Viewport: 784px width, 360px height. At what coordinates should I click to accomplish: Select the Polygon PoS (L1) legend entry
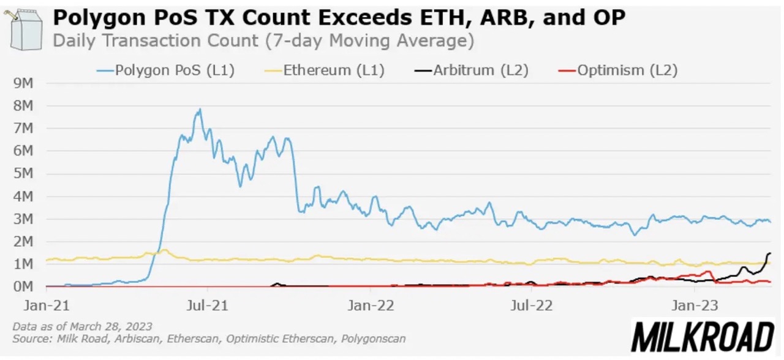tap(165, 70)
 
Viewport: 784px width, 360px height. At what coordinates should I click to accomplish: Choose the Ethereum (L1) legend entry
tap(325, 70)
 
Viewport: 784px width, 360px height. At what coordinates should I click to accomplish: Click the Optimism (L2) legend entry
tap(618, 70)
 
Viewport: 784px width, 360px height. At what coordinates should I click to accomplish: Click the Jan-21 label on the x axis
tap(46, 304)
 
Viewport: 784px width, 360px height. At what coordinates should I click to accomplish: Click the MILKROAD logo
tap(703, 337)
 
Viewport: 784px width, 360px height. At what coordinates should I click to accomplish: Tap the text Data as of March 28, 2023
tap(82, 326)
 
